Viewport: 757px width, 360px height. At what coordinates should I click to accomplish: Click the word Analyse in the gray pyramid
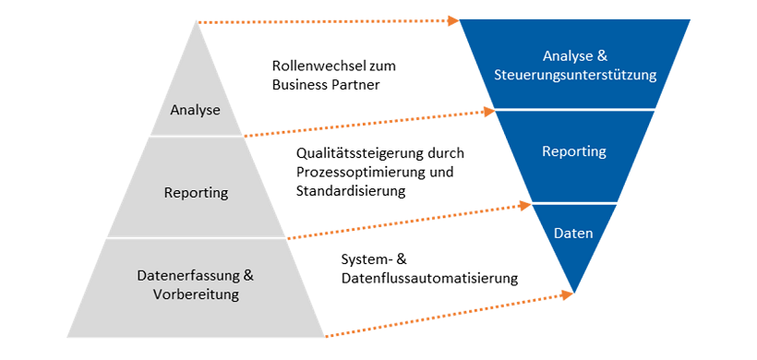tap(196, 111)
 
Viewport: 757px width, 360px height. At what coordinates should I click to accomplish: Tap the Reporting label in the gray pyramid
tap(196, 193)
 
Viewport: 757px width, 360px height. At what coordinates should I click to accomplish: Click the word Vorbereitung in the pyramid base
tap(196, 294)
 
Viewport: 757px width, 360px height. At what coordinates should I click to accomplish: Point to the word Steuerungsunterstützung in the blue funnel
tap(575, 76)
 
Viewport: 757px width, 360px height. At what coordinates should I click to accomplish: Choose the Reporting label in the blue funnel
tap(574, 151)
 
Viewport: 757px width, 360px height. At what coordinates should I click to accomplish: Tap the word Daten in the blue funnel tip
tap(574, 234)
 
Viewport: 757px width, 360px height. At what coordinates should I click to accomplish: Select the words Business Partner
tap(327, 85)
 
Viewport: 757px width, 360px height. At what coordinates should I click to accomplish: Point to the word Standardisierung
tap(352, 191)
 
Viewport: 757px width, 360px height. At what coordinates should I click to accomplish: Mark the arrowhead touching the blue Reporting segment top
tap(491, 113)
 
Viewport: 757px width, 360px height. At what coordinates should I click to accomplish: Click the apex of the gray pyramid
tap(197, 22)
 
